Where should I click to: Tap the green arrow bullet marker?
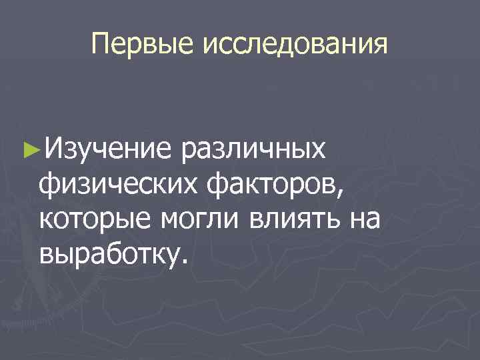(27, 148)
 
